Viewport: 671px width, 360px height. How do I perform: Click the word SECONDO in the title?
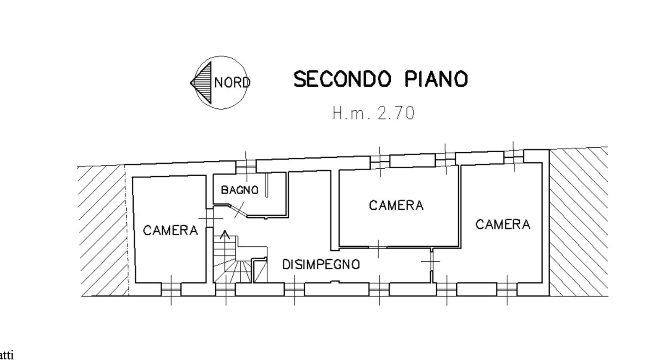coord(343,79)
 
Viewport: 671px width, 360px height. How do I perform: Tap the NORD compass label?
coord(231,82)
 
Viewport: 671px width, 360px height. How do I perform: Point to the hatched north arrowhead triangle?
coord(201,82)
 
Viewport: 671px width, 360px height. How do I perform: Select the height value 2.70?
coord(396,113)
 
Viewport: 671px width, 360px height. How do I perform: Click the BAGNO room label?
coord(239,190)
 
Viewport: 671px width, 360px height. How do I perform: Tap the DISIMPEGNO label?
coord(321,264)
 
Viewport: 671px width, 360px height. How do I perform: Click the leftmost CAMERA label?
coord(170,230)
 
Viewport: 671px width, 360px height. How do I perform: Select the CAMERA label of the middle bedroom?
coord(396,205)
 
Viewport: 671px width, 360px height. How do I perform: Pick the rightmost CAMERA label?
coord(502,224)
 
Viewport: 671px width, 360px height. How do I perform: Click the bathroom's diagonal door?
coord(239,210)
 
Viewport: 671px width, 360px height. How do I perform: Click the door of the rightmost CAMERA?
coord(431,261)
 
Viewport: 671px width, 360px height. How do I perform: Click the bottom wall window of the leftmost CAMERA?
coord(171,290)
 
